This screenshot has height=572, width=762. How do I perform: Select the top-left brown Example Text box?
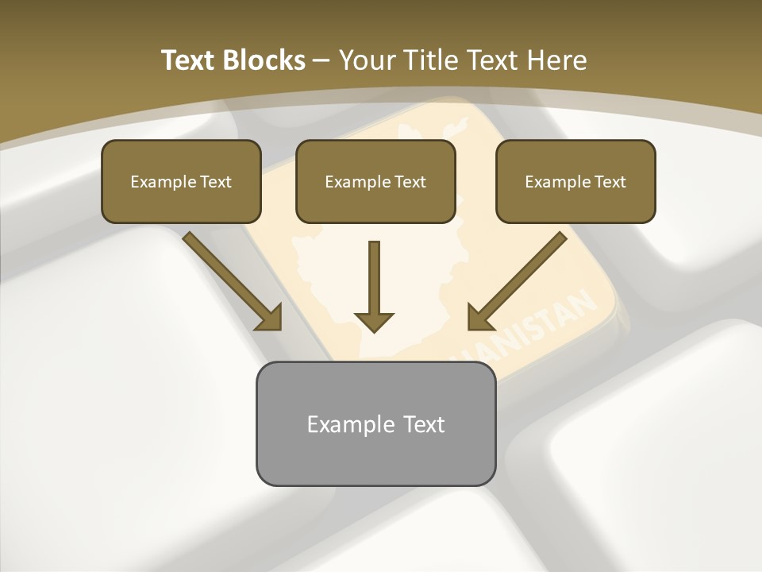pos(181,181)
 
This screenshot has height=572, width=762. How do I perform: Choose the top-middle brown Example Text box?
pos(375,181)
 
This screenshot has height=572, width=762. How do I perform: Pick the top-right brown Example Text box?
pos(575,181)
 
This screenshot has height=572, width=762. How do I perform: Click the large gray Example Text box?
pos(375,423)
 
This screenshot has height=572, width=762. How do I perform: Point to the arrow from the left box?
pos(230,279)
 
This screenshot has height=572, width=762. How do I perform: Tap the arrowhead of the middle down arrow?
pos(374,321)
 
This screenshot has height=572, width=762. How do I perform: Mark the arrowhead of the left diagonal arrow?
pos(269,317)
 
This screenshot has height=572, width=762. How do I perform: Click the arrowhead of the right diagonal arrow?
pos(479,317)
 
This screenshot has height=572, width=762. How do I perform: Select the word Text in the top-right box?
pos(610,182)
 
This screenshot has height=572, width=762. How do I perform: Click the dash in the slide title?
pos(321,60)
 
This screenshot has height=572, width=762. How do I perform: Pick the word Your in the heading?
pos(367,60)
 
